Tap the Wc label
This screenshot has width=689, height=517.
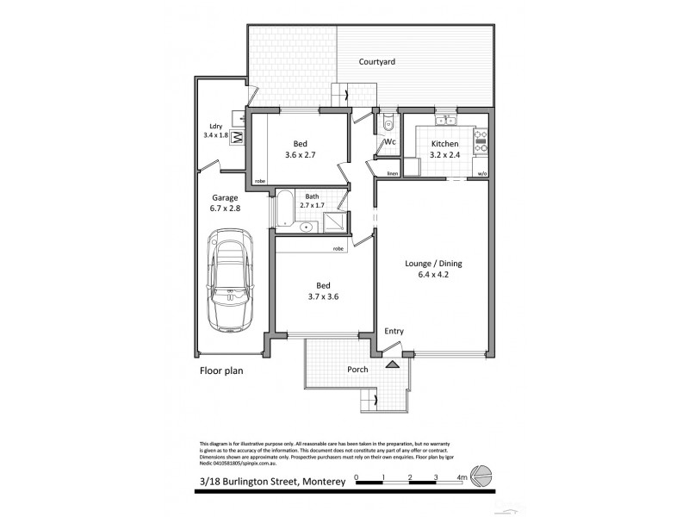(389, 141)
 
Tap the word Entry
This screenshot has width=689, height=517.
(393, 332)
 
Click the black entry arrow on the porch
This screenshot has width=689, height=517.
(393, 365)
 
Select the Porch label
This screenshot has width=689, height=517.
(357, 370)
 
